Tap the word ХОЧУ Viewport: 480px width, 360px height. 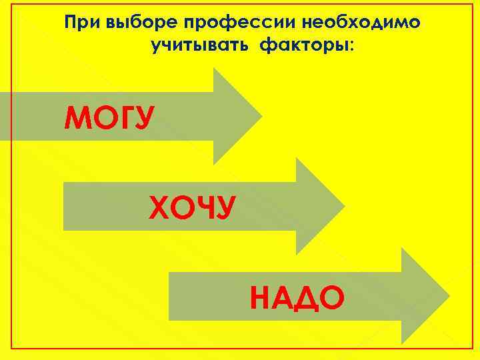tap(192, 208)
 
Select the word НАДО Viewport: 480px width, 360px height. tap(297, 297)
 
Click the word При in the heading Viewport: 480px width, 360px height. tap(81, 23)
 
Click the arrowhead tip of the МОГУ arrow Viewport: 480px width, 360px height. tap(261, 116)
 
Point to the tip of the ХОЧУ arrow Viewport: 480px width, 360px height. tap(344, 205)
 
